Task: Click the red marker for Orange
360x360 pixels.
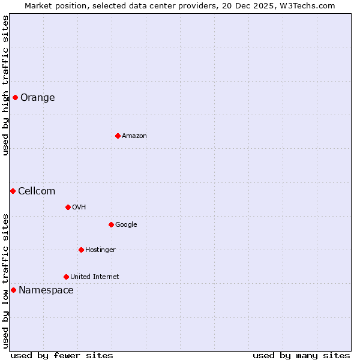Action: tap(15, 97)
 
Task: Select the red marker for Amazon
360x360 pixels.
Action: tap(118, 136)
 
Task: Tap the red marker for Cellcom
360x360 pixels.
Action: tap(13, 191)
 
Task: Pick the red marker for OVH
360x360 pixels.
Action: tap(68, 207)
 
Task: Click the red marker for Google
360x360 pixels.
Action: tap(111, 224)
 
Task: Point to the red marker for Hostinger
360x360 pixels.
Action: tap(81, 250)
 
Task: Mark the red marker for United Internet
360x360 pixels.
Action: tap(66, 277)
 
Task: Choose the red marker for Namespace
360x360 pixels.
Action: tap(13, 290)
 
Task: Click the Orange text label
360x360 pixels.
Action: tap(37, 97)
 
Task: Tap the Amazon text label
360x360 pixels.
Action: tap(134, 136)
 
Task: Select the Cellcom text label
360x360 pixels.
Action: tap(37, 191)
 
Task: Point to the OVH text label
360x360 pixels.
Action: tap(79, 207)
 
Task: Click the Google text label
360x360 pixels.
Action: tap(126, 224)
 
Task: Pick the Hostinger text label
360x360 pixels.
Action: tap(100, 250)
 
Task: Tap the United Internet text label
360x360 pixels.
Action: tap(94, 277)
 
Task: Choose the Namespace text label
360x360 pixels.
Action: tap(46, 290)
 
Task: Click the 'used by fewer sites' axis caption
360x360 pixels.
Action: tap(62, 355)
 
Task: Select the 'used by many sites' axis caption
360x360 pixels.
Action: tap(301, 355)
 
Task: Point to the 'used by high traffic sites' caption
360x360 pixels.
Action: tap(5, 85)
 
